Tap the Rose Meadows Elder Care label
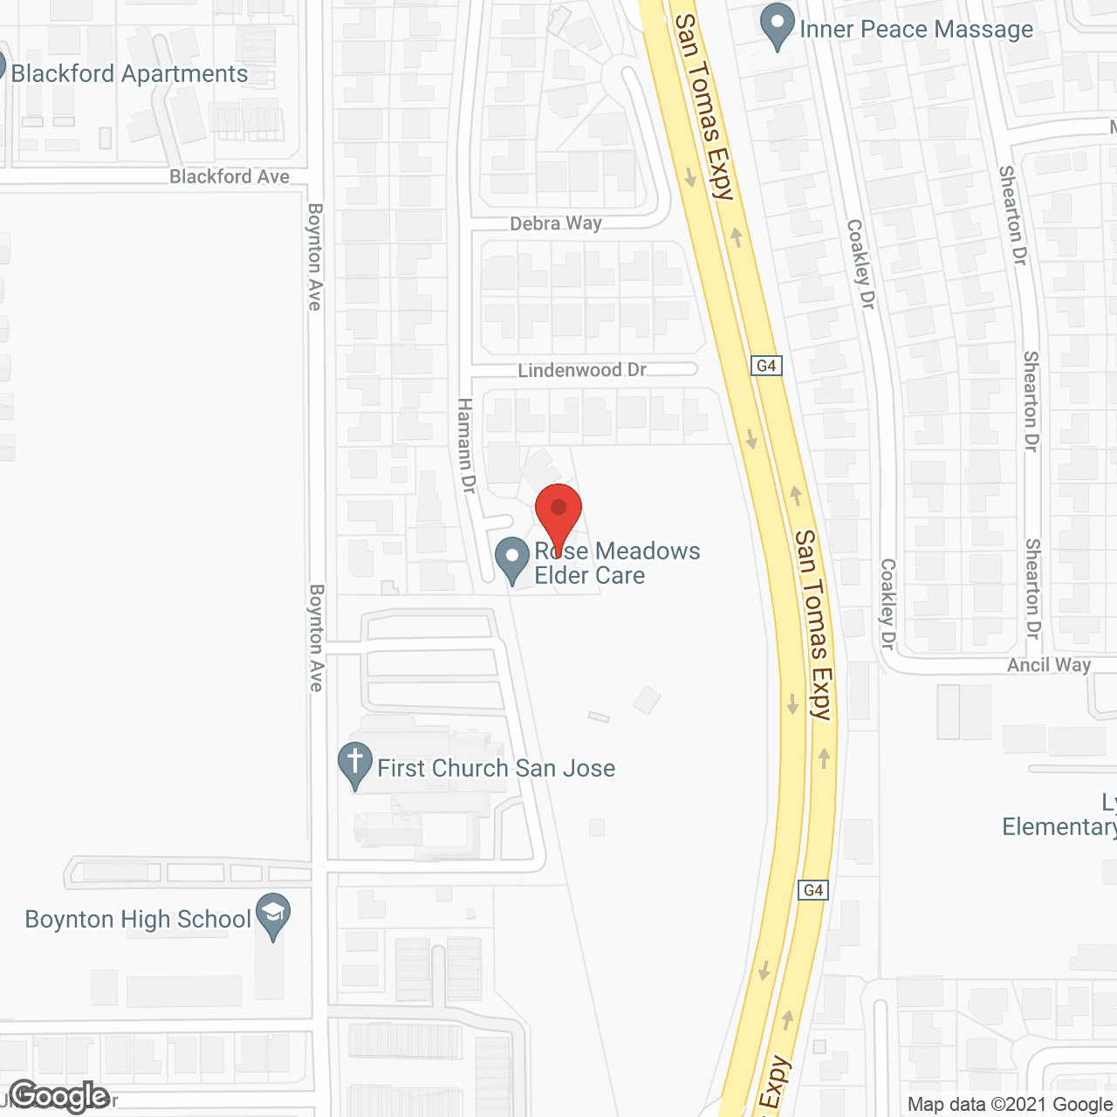[617, 563]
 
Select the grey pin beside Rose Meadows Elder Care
[512, 559]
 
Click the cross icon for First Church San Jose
[355, 765]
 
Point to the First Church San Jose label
[496, 768]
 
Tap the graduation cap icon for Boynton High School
[273, 916]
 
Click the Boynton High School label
[138, 919]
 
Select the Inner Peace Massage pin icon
[777, 27]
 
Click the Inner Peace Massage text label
[916, 30]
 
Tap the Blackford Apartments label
[129, 73]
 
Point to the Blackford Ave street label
[230, 176]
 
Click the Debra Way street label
[556, 223]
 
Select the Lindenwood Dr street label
[582, 370]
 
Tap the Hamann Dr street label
[466, 446]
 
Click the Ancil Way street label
[1049, 665]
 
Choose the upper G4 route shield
[766, 366]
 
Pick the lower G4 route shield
[813, 890]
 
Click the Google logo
[59, 1096]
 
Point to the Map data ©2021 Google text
[1010, 1105]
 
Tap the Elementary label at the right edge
[1059, 826]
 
